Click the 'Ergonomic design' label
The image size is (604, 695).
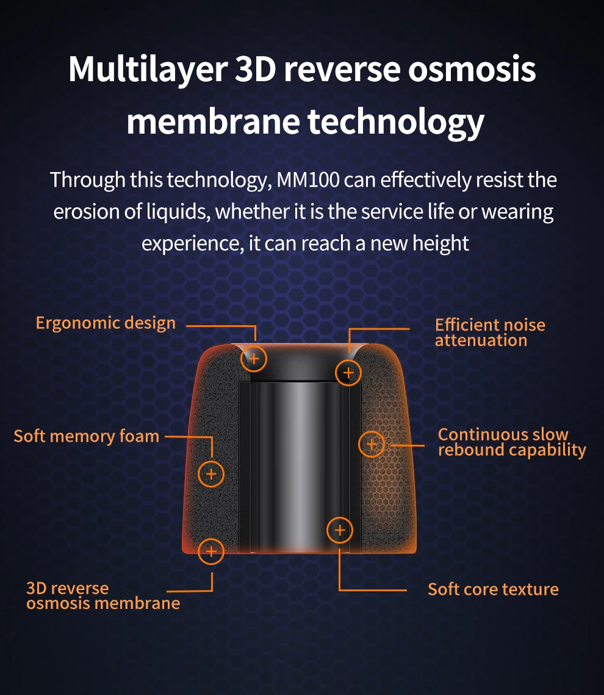coord(106,323)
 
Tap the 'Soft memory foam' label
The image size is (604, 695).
coord(86,436)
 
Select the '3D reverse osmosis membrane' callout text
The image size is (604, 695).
coord(102,596)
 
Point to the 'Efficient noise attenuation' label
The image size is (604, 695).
coord(490,333)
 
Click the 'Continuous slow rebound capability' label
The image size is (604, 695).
coord(511,442)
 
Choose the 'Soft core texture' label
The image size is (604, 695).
coord(493,589)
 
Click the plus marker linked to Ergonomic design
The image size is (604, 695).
coord(254,359)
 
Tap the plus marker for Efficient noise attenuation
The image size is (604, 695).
coord(348,372)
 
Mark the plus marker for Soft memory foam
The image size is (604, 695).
coord(211,474)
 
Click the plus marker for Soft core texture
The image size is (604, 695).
coord(340,530)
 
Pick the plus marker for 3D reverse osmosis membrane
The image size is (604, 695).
coord(211,552)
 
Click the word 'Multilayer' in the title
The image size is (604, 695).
coord(147,69)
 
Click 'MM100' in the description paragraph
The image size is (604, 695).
coord(309,180)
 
